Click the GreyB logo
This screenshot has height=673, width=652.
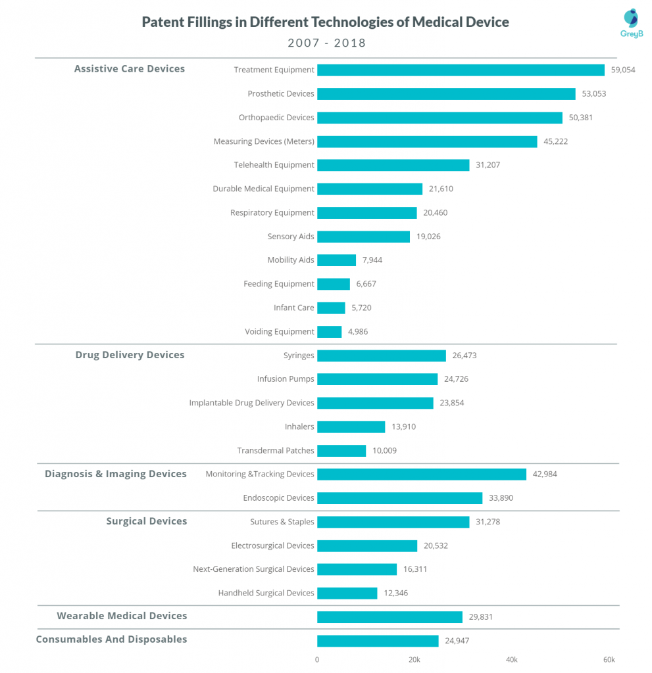[x=632, y=23]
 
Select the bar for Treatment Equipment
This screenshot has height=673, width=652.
[x=461, y=70]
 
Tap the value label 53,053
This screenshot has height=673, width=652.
[x=594, y=93]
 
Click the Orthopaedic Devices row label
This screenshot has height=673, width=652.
[x=276, y=118]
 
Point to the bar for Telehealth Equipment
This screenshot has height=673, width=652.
[x=393, y=165]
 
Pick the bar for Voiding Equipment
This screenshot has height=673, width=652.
[x=329, y=332]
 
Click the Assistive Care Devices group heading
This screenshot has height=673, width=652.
[x=130, y=68]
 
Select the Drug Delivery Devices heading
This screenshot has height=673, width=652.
[x=130, y=355]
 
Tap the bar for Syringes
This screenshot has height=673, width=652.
[x=382, y=356]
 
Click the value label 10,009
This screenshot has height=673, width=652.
[x=385, y=451]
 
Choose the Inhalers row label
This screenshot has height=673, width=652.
[x=299, y=427]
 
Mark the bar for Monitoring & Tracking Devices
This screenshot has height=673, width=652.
[x=422, y=475]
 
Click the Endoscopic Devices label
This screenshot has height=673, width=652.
[x=278, y=498]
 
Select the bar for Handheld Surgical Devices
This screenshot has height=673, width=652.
[x=347, y=593]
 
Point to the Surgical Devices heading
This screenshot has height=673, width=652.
[x=147, y=521]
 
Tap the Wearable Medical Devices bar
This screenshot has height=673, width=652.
[x=390, y=617]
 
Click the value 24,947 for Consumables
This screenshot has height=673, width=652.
[x=457, y=641]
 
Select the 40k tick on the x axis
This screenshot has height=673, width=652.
[x=511, y=660]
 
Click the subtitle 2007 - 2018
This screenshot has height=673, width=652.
[x=326, y=43]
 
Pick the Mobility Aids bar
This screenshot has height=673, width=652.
[x=337, y=260]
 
